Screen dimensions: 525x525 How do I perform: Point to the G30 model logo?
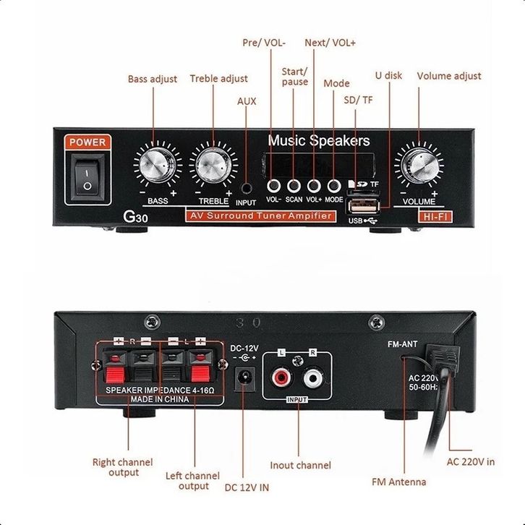tap(136, 216)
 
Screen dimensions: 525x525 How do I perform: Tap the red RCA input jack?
tap(281, 377)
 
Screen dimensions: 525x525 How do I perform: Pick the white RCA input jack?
tap(313, 377)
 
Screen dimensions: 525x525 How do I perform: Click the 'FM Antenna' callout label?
tap(398, 482)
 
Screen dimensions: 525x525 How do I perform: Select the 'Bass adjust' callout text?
tap(153, 79)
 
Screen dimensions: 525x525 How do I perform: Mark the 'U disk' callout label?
tap(388, 75)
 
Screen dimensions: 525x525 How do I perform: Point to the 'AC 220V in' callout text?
tap(470, 461)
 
